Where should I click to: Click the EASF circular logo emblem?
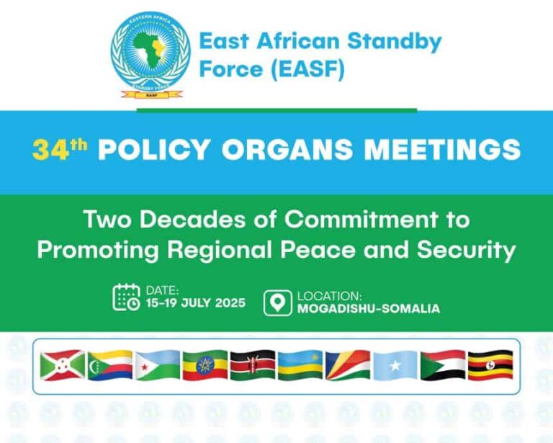(150, 55)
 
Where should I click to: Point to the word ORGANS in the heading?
(293, 150)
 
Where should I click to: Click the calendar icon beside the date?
(127, 297)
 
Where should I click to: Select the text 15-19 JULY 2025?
(196, 303)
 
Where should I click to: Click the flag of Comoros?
(110, 366)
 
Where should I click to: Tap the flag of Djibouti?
(158, 366)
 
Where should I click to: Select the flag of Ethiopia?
(205, 366)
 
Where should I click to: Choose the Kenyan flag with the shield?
(253, 366)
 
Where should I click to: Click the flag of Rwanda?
(300, 366)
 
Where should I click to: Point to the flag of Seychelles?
(348, 366)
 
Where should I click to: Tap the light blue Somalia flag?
(395, 366)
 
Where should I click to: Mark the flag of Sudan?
(443, 366)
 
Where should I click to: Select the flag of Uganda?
(490, 366)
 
